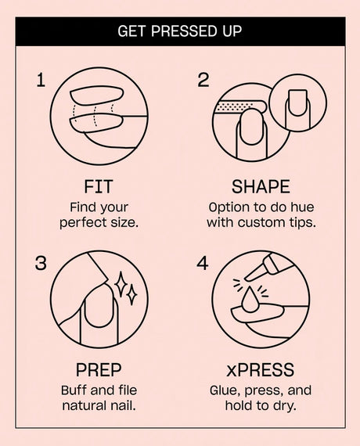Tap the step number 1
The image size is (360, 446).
(41, 80)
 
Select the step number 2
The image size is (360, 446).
(203, 80)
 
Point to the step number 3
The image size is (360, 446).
(41, 263)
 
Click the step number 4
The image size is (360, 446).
(203, 263)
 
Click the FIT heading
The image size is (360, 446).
(99, 186)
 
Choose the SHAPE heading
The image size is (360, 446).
(261, 186)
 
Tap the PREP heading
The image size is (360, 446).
(99, 369)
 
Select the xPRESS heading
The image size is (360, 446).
(260, 369)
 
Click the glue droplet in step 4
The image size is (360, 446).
(250, 300)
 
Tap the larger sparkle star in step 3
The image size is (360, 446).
(121, 284)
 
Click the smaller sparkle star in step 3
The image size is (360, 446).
(131, 296)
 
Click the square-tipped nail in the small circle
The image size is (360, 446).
(297, 103)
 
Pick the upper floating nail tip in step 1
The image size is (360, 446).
(97, 96)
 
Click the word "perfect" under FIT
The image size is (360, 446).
(81, 222)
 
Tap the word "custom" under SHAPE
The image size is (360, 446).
(261, 222)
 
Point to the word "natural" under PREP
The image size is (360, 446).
(85, 405)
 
